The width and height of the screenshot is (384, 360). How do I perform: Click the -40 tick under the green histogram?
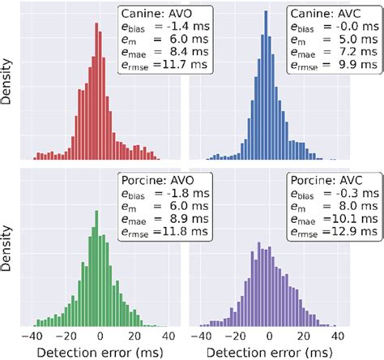click(32, 336)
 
